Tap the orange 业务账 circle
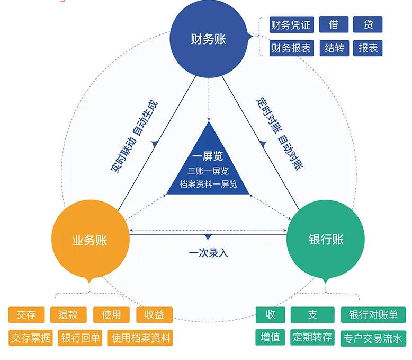pyautogui.click(x=90, y=240)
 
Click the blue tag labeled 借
pyautogui.click(x=334, y=24)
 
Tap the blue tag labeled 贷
pyautogui.click(x=368, y=24)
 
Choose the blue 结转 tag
pyautogui.click(x=334, y=48)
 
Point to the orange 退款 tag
pyautogui.click(x=68, y=314)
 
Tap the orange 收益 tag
pyautogui.click(x=154, y=314)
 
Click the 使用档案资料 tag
pyautogui.click(x=141, y=338)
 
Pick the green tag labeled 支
pyautogui.click(x=312, y=314)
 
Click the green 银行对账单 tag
pyautogui.click(x=373, y=314)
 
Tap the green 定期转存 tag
pyautogui.click(x=312, y=337)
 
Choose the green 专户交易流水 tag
pyautogui.click(x=373, y=338)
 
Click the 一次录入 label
pyautogui.click(x=208, y=253)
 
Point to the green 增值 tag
pyautogui.click(x=271, y=337)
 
